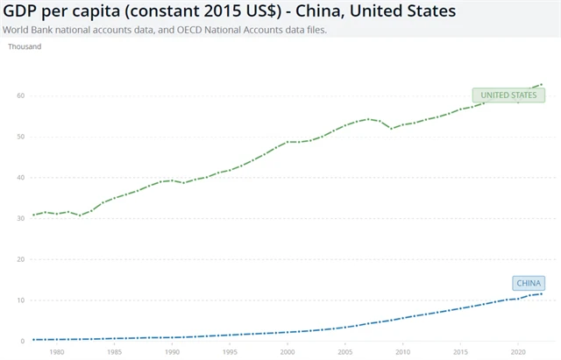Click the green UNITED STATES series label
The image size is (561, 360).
coord(505,95)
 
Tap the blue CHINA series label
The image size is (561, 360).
coord(529,282)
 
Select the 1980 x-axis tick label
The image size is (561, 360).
coord(57,352)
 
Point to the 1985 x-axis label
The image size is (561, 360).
coord(115,352)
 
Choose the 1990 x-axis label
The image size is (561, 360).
coord(172,352)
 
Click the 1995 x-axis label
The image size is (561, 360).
coord(230,352)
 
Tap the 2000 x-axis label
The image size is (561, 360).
coord(287,352)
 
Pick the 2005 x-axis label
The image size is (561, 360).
coord(344,352)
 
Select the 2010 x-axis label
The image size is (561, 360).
coord(401,352)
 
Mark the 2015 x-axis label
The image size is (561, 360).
coord(459,352)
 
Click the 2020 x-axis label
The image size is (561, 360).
coord(516,352)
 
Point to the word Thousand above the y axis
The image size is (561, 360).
coord(25,46)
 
